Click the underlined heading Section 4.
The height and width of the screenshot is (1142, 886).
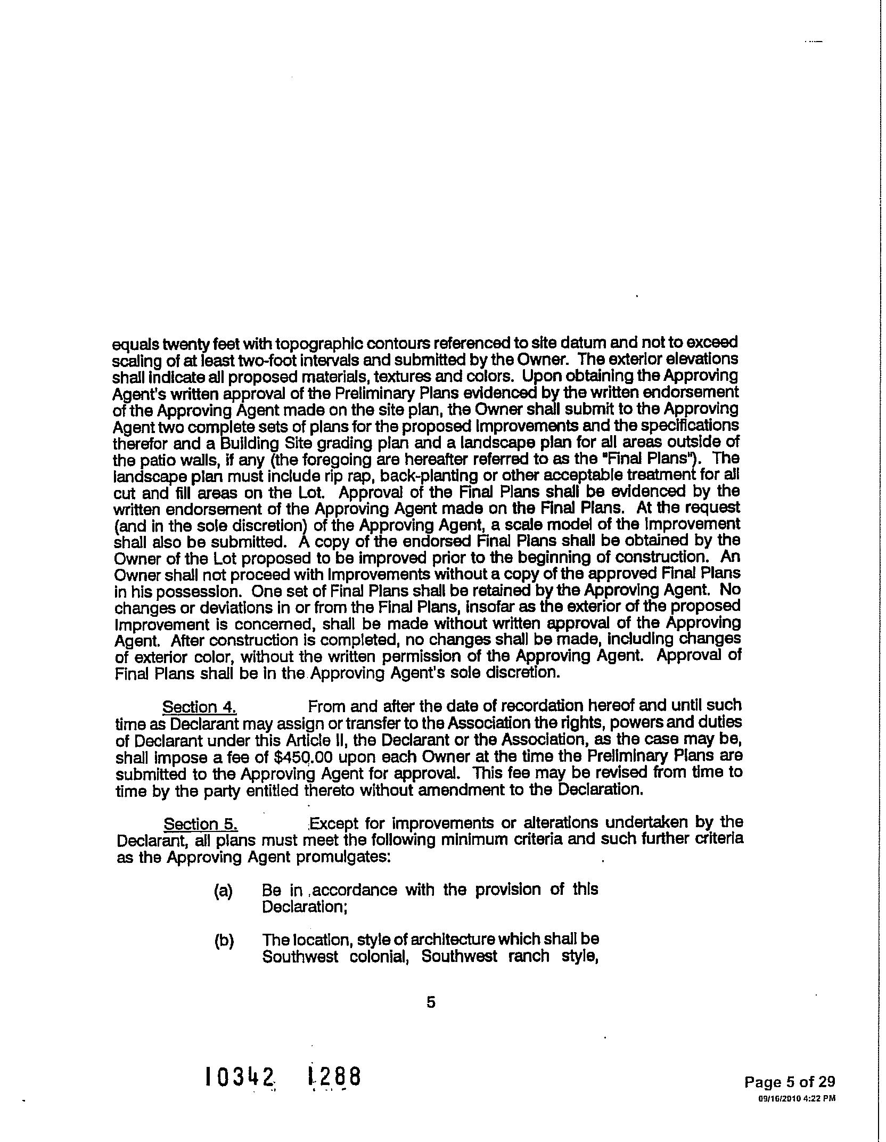click(199, 707)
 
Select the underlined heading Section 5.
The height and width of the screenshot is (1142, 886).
click(200, 825)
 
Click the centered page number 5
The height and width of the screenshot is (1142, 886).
click(431, 1002)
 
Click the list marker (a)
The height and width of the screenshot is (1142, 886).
click(224, 891)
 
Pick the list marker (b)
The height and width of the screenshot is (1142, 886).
click(224, 942)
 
